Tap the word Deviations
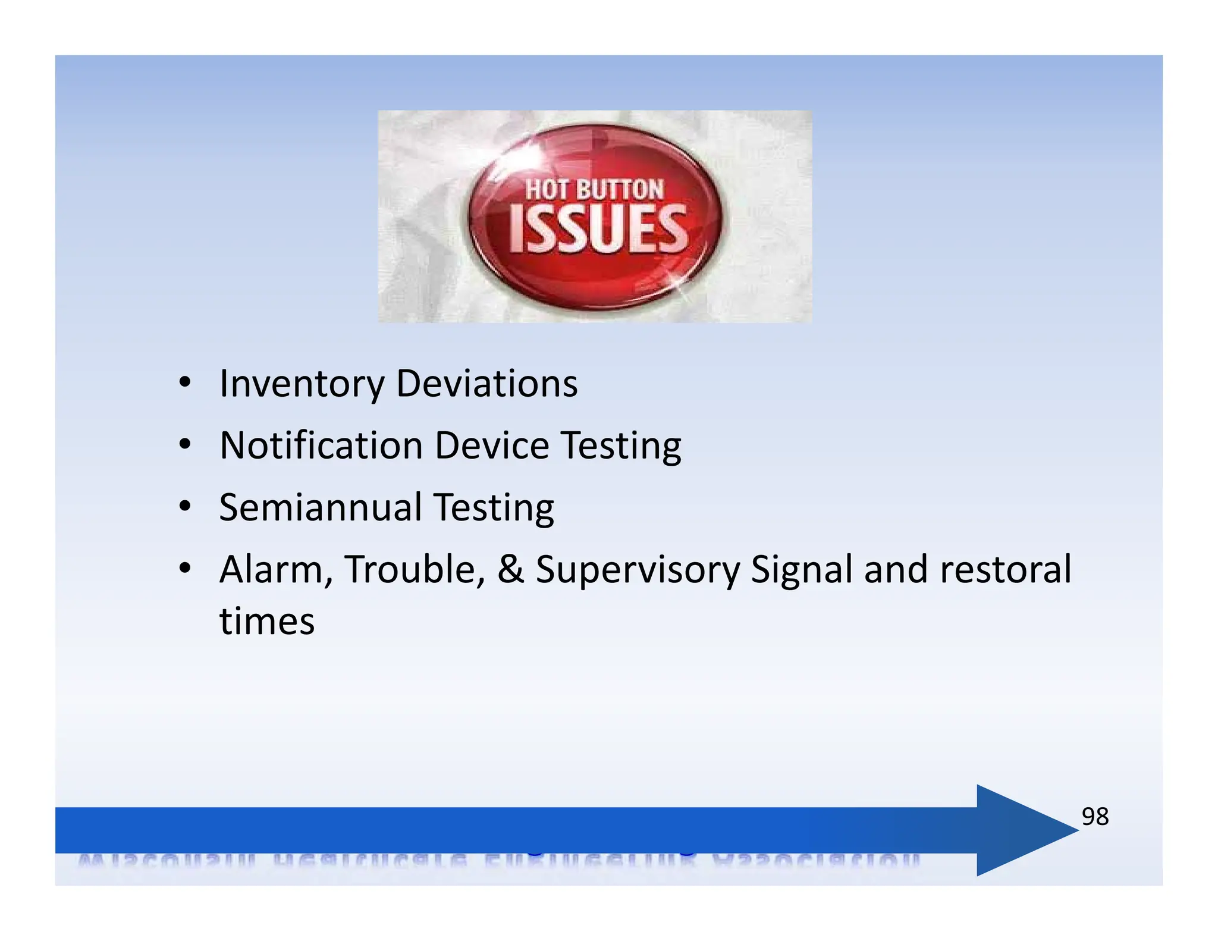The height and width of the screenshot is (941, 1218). [486, 384]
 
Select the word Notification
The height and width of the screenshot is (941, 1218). [321, 446]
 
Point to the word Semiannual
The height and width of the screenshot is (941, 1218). [321, 507]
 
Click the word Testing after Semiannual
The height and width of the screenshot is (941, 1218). [494, 509]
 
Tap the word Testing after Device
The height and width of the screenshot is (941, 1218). [621, 447]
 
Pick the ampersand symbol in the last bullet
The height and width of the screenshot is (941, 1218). [510, 570]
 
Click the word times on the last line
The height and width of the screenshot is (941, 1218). [267, 622]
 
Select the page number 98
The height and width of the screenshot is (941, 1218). [1095, 817]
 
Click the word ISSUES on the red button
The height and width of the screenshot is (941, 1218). [598, 229]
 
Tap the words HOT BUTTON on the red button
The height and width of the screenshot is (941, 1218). [594, 190]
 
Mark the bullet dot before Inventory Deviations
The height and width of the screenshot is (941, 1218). [185, 382]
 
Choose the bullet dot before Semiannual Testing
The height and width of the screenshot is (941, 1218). [185, 507]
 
